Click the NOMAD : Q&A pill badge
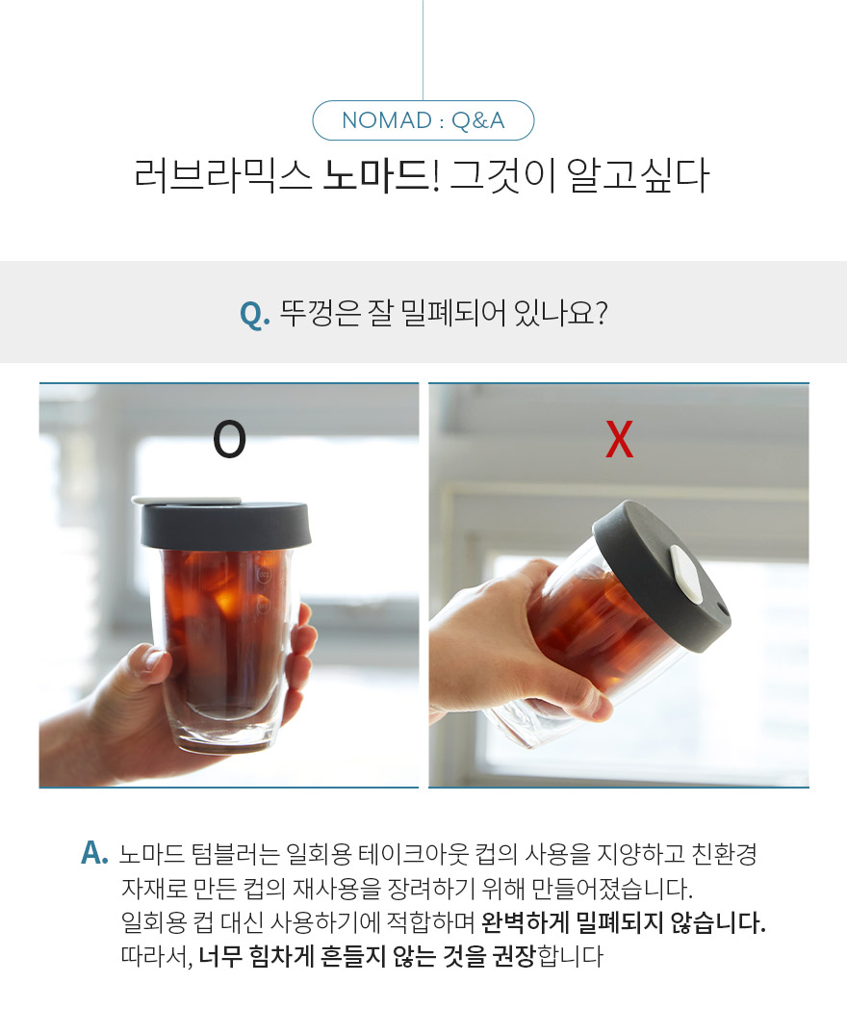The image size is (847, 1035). (x=423, y=120)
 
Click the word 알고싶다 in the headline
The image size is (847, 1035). (x=637, y=175)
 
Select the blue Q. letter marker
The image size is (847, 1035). (x=255, y=314)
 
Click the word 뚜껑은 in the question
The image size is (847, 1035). (x=320, y=313)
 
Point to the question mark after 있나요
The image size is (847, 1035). (x=601, y=313)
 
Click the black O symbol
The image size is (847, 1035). (x=229, y=440)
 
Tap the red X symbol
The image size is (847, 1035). (x=620, y=440)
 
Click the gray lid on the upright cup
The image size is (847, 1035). (x=225, y=526)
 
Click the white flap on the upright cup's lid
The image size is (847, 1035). (x=187, y=500)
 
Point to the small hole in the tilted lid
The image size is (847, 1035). (x=722, y=608)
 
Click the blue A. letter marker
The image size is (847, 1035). (x=94, y=853)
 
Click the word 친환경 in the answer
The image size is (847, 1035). (x=725, y=854)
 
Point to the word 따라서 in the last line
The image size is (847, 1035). (x=156, y=956)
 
